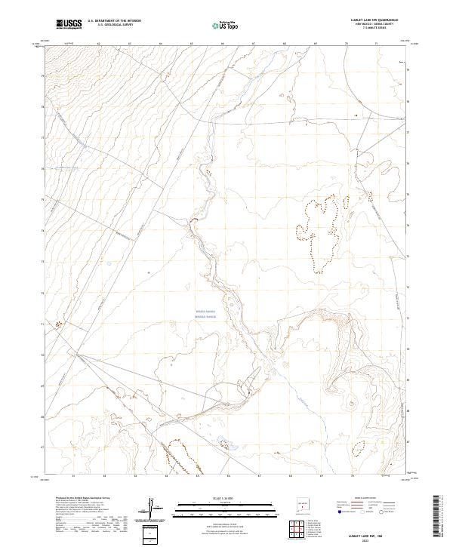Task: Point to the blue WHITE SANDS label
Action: pyautogui.click(x=205, y=310)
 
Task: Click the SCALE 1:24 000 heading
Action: pyautogui.click(x=215, y=499)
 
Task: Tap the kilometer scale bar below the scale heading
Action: pyautogui.click(x=215, y=506)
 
